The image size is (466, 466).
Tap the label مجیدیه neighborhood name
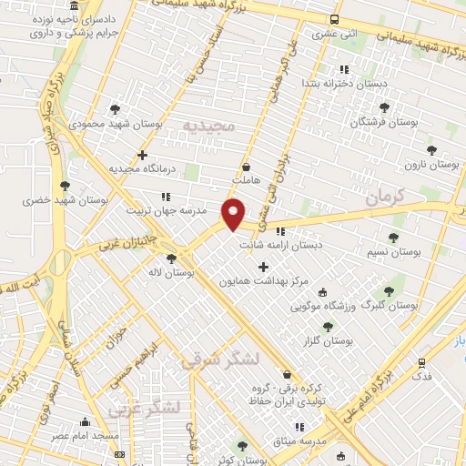pyautogui.click(x=208, y=124)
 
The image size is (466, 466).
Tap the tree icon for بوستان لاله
pyautogui.click(x=171, y=258)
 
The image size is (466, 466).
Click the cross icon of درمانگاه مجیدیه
pyautogui.click(x=142, y=155)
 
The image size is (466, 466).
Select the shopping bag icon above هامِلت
pyautogui.click(x=247, y=167)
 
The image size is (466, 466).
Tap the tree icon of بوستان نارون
pyautogui.click(x=431, y=150)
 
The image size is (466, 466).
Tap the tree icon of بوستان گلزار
pyautogui.click(x=328, y=326)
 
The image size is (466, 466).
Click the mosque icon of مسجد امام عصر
pyautogui.click(x=86, y=422)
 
